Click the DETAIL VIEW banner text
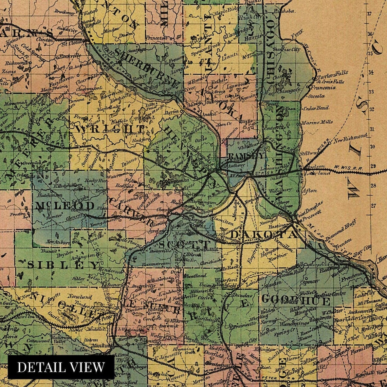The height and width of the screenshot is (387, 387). (61, 367)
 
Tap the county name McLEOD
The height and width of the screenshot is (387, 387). (64, 206)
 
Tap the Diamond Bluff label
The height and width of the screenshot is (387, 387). (340, 229)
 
